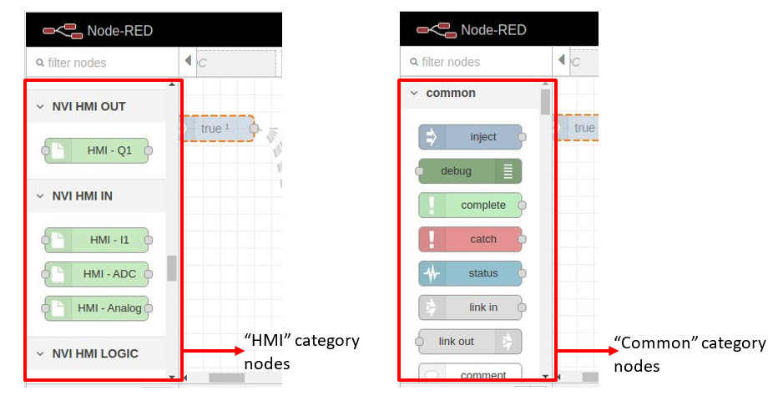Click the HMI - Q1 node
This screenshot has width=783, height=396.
point(96,151)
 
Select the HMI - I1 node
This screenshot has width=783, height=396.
point(96,241)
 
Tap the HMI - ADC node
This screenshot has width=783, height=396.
point(96,274)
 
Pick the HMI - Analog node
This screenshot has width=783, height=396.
point(96,308)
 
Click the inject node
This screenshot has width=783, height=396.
point(470,137)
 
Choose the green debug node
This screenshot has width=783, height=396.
point(470,171)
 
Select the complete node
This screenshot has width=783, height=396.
point(470,206)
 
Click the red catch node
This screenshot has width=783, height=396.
point(470,240)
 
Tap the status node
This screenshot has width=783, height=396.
point(470,273)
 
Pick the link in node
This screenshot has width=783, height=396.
point(470,307)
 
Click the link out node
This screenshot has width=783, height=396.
point(470,342)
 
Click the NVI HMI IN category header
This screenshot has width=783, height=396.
point(82,195)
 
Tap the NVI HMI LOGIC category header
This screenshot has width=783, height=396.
point(94,353)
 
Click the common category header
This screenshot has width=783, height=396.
point(450,93)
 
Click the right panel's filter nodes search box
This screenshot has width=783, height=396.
point(476,62)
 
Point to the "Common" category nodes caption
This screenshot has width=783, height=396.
point(689,354)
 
